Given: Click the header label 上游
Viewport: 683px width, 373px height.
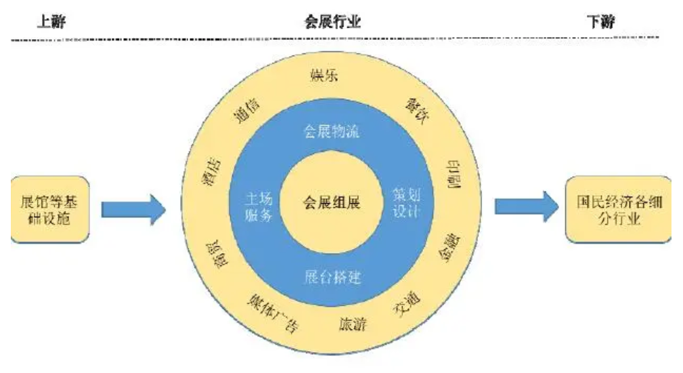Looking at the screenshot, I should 51,22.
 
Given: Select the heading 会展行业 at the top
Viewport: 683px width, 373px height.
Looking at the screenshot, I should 333,22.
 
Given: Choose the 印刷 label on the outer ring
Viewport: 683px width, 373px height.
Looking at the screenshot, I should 454,175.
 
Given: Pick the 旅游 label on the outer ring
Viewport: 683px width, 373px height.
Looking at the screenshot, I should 352,325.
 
